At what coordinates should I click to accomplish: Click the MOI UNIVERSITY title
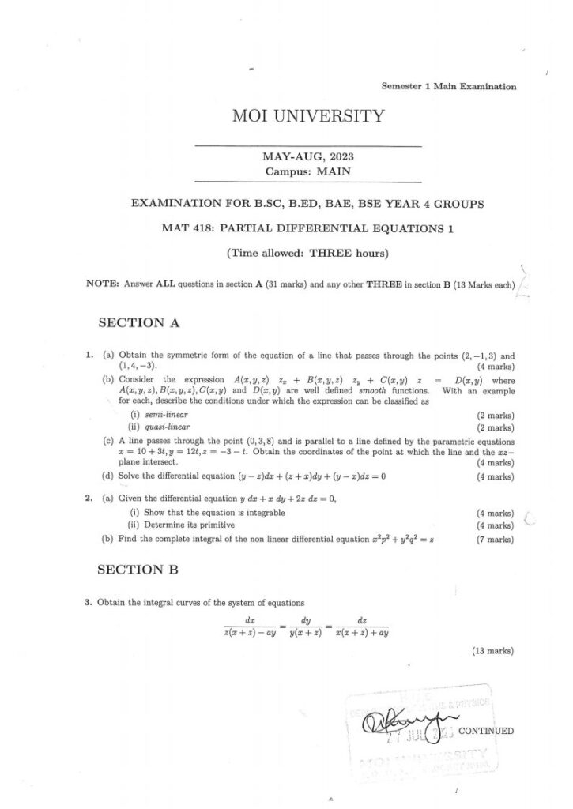pos(308,117)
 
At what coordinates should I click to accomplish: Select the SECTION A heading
pos(138,322)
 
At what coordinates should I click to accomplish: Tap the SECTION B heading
pos(138,569)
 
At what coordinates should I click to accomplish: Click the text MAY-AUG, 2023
pos(308,156)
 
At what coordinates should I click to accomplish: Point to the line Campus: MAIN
pos(308,170)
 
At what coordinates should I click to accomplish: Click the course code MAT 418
pos(183,228)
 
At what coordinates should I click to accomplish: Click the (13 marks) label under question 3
pos(493,651)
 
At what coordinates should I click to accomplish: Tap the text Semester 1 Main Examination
pos(449,87)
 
